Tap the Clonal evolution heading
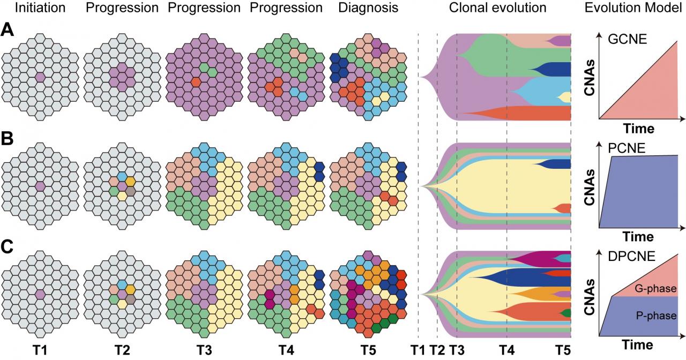point(497,9)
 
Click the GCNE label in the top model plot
point(626,39)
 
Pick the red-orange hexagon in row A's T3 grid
point(196,81)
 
